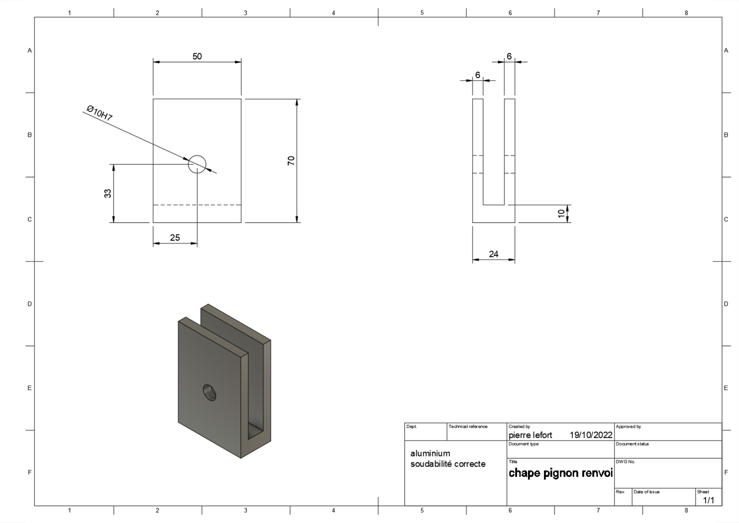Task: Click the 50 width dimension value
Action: (x=197, y=56)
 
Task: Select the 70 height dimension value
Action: (x=291, y=160)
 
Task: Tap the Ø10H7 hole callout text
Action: (x=100, y=113)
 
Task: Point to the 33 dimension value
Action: (x=108, y=193)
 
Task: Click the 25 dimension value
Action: (x=175, y=238)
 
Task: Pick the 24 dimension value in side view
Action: (x=494, y=254)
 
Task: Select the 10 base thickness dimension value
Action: (x=561, y=213)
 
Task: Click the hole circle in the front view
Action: (x=197, y=156)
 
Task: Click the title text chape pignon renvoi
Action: (x=560, y=473)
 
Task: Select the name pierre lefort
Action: (x=530, y=435)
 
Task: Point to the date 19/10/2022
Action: (x=591, y=435)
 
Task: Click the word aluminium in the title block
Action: (x=430, y=453)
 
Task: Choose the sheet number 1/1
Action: (x=708, y=500)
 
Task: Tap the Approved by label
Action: (x=628, y=426)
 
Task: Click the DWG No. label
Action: (x=625, y=462)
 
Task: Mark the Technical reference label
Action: (x=468, y=426)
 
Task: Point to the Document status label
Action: (x=632, y=444)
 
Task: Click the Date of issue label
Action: (x=646, y=492)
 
